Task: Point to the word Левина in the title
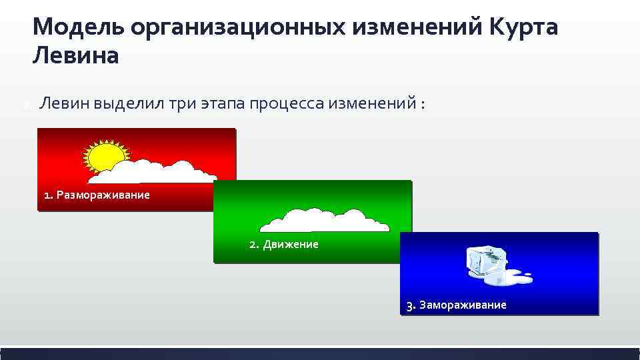point(75,56)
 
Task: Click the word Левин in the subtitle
point(65,103)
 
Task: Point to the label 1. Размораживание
point(97,195)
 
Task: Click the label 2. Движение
point(284,245)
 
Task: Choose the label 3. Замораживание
point(457,305)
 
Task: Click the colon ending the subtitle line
point(423,105)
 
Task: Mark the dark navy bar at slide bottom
point(320,353)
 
